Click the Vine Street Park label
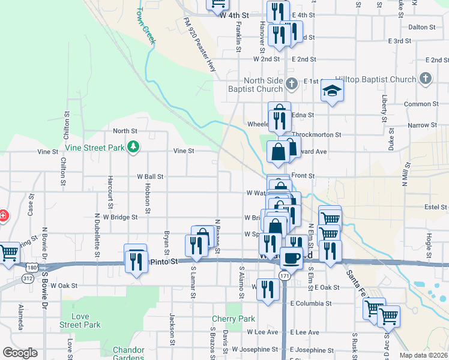(94, 147)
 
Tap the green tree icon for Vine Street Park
(135, 146)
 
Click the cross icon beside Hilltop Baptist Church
(426, 79)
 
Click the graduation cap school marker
(331, 91)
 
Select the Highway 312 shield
(27, 278)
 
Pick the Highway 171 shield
(284, 275)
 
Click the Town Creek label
(146, 25)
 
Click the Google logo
(20, 353)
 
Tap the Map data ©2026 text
(424, 355)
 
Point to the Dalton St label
(421, 28)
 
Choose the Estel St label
(432, 207)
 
